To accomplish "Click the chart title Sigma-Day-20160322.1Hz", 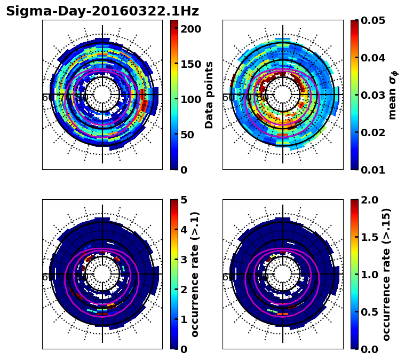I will (102, 11).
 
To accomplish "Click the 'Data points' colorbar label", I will (209, 95).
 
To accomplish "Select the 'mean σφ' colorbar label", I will (392, 95).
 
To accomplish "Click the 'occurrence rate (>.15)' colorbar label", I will (387, 274).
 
